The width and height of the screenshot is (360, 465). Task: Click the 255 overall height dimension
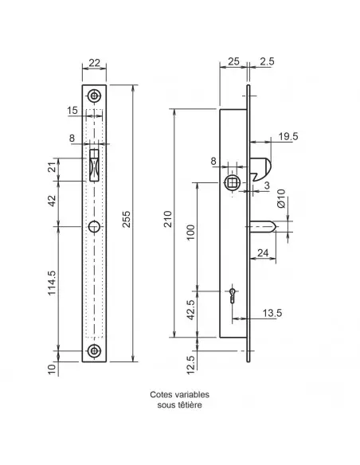click(x=127, y=219)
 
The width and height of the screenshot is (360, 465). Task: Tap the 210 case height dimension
click(x=168, y=219)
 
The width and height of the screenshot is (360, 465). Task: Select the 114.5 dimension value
click(x=53, y=283)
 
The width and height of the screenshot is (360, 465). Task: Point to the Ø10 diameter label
click(x=280, y=198)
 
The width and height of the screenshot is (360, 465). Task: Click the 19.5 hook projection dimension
click(x=288, y=136)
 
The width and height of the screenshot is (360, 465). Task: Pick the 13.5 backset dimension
click(x=272, y=313)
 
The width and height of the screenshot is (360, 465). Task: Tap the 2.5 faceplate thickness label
click(x=267, y=61)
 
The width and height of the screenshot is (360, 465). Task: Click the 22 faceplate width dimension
click(x=94, y=63)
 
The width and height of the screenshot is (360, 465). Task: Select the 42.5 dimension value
click(x=191, y=310)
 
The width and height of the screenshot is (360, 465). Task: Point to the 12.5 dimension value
click(x=191, y=365)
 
